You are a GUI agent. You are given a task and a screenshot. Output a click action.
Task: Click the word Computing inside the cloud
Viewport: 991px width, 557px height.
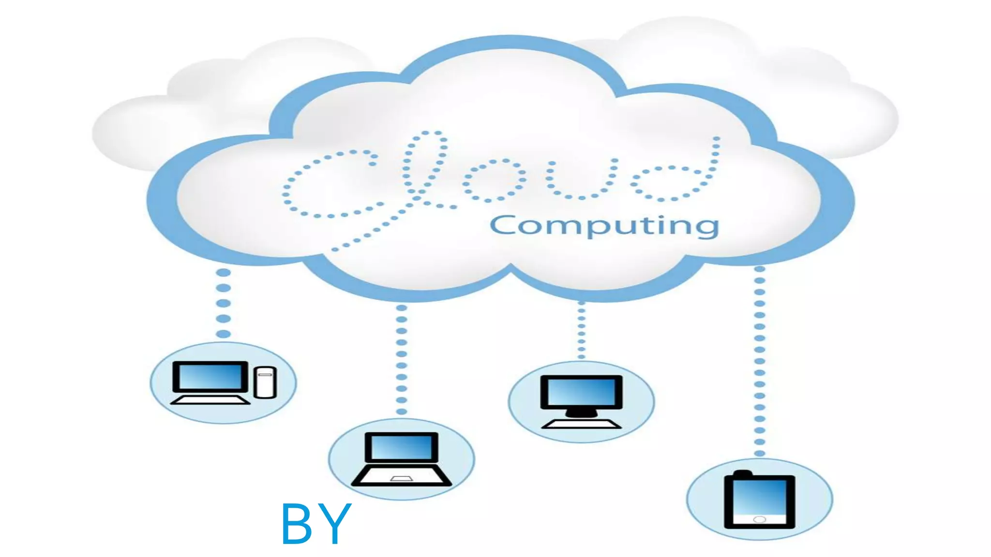click(604, 226)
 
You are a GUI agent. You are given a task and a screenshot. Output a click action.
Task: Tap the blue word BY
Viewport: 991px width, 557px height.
click(315, 524)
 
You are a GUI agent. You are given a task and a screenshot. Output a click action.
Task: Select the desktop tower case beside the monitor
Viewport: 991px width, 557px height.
click(265, 382)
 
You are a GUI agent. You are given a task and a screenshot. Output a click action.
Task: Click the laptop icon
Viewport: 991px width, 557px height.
click(402, 459)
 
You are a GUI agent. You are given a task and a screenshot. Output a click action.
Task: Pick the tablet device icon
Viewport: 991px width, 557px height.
click(759, 500)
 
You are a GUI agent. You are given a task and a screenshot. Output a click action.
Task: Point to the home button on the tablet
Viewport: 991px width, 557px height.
click(760, 519)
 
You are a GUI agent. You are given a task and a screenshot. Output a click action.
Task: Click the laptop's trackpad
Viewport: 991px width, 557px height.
click(402, 479)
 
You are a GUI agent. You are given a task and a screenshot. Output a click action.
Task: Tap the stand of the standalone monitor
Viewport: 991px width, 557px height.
click(581, 412)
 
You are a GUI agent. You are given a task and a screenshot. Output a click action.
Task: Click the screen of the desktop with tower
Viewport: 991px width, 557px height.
click(210, 376)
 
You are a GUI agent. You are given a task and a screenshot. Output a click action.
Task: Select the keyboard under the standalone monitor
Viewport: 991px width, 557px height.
click(581, 424)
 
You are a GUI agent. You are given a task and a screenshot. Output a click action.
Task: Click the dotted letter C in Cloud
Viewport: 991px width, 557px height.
click(329, 184)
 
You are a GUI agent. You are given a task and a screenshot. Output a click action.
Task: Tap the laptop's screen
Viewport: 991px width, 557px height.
click(402, 447)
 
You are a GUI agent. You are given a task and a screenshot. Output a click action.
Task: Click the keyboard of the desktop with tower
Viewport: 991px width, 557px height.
click(210, 400)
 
